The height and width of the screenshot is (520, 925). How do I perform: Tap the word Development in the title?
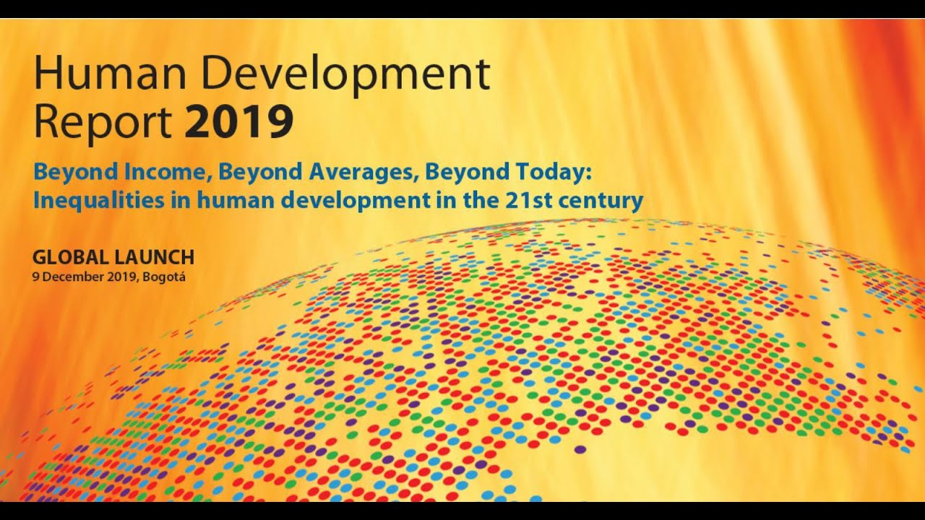[347, 74]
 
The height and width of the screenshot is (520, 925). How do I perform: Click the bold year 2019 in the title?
[238, 122]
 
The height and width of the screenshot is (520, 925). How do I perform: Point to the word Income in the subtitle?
[159, 173]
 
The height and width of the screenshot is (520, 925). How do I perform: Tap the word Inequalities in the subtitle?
[94, 200]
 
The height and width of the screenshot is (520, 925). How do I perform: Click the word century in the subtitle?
[603, 200]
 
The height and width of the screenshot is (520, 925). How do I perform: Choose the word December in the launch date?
[65, 277]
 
